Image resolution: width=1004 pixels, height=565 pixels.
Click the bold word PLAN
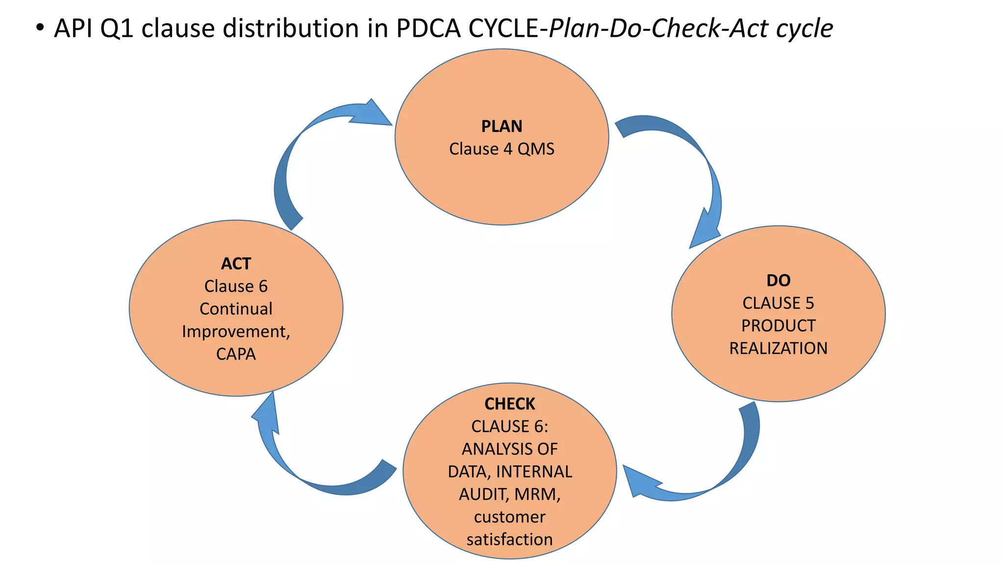[x=502, y=127]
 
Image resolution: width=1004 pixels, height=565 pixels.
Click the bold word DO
[x=778, y=281]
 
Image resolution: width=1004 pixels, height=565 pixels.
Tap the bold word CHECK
[x=509, y=404]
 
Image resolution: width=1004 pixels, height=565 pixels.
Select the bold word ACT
[x=236, y=264]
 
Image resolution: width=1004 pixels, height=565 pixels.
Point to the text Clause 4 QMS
[x=502, y=149]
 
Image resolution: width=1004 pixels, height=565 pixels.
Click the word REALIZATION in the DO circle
[x=778, y=348]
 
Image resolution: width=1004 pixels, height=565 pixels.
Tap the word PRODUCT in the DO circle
[x=778, y=326]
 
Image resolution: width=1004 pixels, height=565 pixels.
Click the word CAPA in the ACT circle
[x=236, y=354]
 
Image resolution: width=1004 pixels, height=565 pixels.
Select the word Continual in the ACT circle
[x=236, y=309]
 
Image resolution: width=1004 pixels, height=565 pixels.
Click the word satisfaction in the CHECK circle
[x=509, y=539]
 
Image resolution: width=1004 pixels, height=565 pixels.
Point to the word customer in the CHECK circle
[x=509, y=517]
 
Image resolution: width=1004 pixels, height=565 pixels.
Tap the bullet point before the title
[x=40, y=28]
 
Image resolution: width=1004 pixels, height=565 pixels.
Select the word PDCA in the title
[x=428, y=28]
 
